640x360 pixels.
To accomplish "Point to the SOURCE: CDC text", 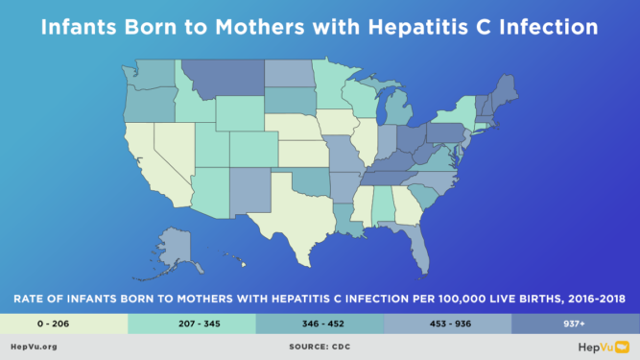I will tap(319, 347).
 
